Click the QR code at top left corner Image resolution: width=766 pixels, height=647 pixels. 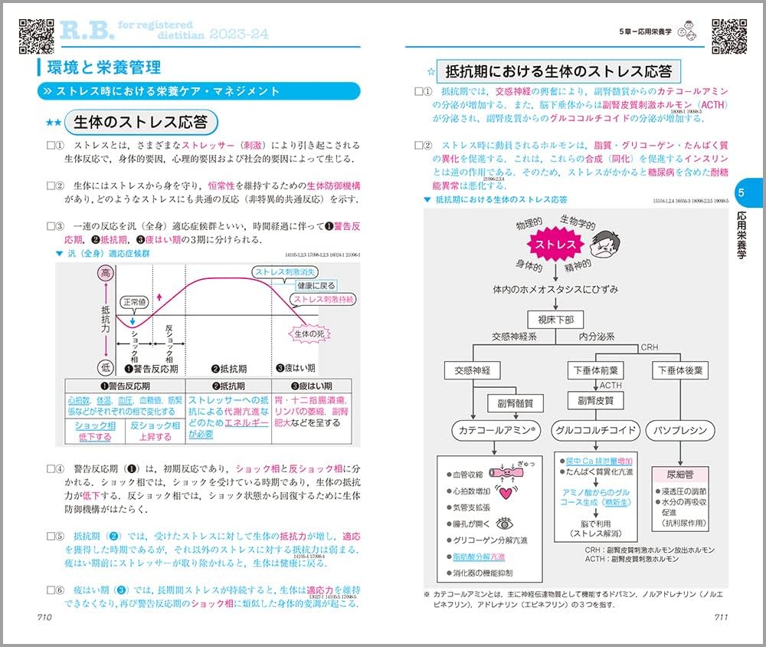(35, 32)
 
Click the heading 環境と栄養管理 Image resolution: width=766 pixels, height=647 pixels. (100, 66)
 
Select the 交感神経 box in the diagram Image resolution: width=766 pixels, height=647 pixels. (472, 371)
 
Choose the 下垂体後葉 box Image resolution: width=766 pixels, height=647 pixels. (679, 371)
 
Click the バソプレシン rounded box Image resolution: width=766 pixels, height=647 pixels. (679, 430)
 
